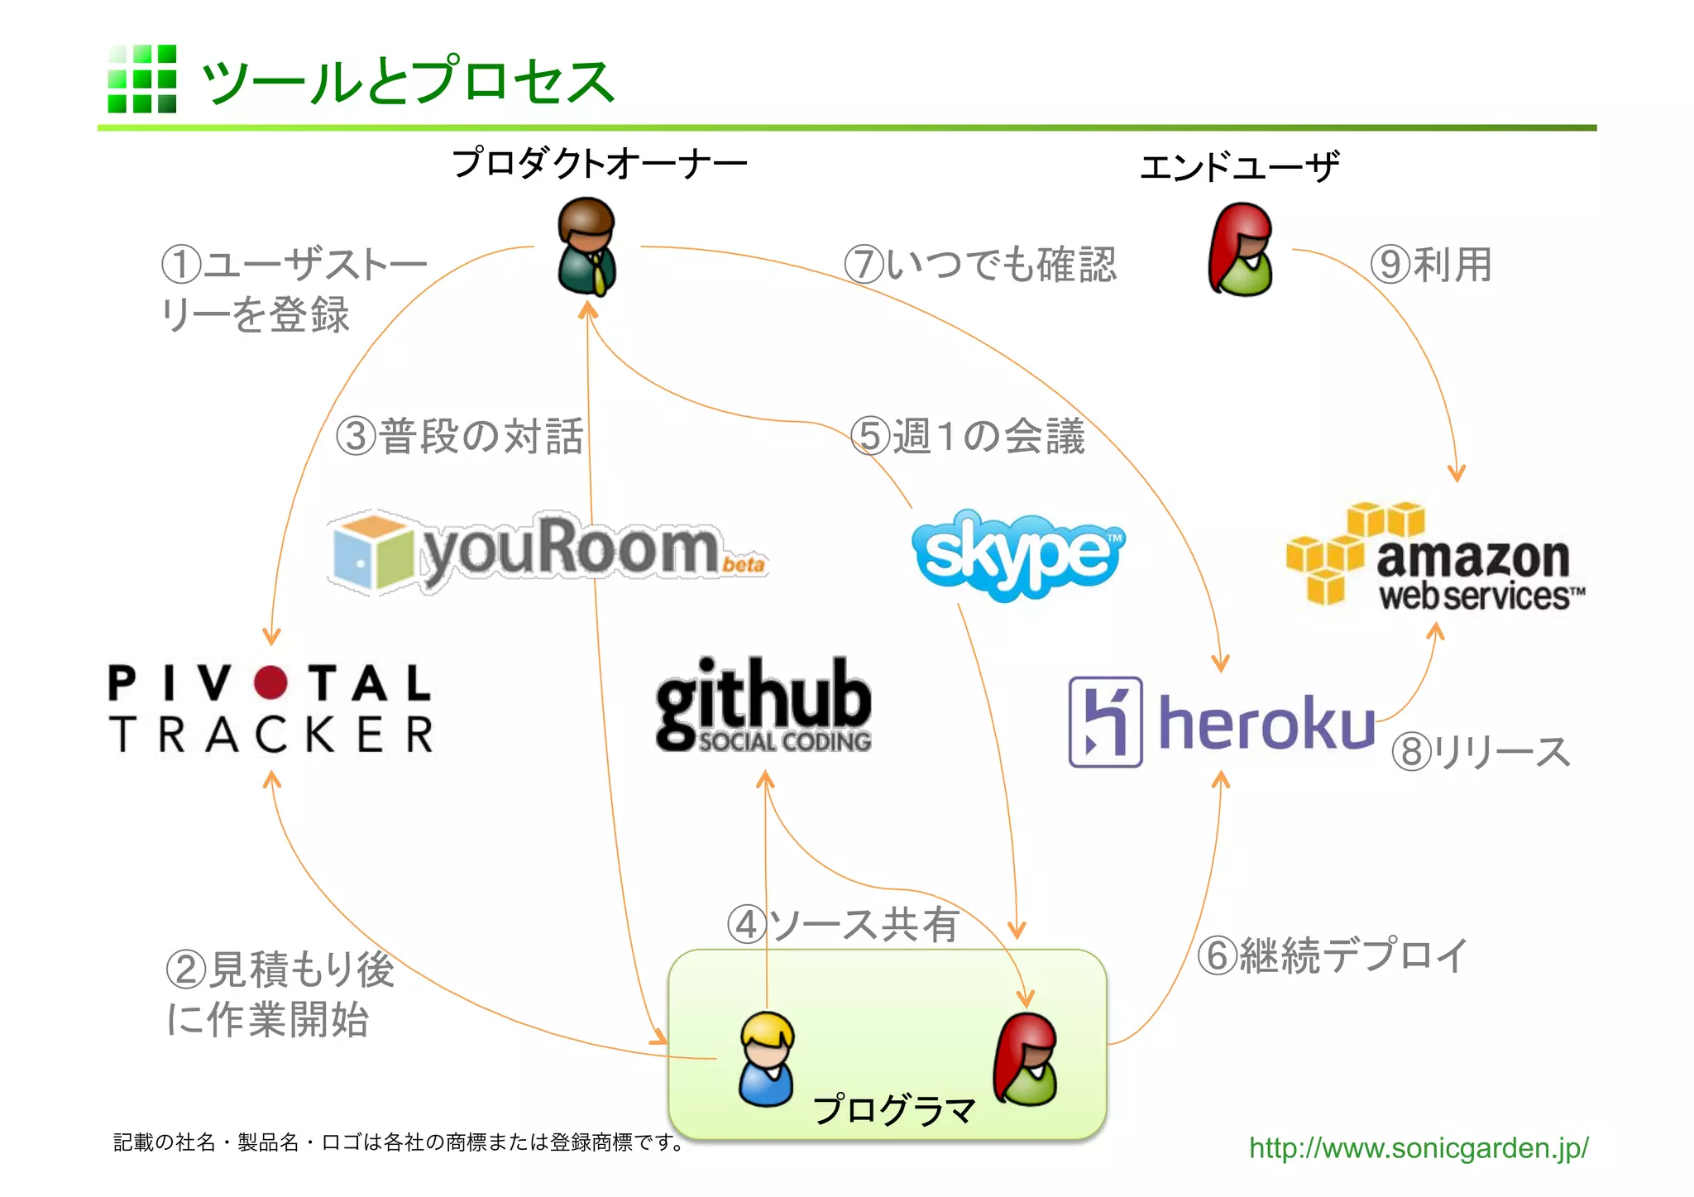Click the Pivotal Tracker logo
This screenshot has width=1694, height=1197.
pyautogui.click(x=270, y=710)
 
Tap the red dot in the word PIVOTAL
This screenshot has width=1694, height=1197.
pyautogui.click(x=270, y=683)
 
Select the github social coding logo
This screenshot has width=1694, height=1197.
pyautogui.click(x=763, y=705)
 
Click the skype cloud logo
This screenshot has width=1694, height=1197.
pyautogui.click(x=1018, y=554)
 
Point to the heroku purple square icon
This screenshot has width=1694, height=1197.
pyautogui.click(x=1105, y=722)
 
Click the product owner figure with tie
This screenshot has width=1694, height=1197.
pyautogui.click(x=586, y=247)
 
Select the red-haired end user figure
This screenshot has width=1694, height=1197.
pyautogui.click(x=1241, y=250)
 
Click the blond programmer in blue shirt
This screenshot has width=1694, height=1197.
pyautogui.click(x=767, y=1059)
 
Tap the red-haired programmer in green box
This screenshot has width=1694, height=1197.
pyautogui.click(x=1026, y=1061)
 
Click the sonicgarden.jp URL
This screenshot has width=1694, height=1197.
pyautogui.click(x=1418, y=1148)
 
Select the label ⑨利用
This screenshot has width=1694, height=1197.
pyautogui.click(x=1431, y=265)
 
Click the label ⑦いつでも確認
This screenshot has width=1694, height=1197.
pyautogui.click(x=980, y=265)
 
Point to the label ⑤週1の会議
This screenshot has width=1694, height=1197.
pyautogui.click(x=968, y=436)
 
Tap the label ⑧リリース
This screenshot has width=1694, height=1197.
pyautogui.click(x=1480, y=752)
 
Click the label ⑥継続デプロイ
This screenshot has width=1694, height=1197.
pyautogui.click(x=1332, y=955)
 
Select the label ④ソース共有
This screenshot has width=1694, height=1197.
pyautogui.click(x=842, y=924)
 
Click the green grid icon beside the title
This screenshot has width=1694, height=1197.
pyautogui.click(x=142, y=79)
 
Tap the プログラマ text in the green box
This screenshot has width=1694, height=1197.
pyautogui.click(x=894, y=1109)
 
